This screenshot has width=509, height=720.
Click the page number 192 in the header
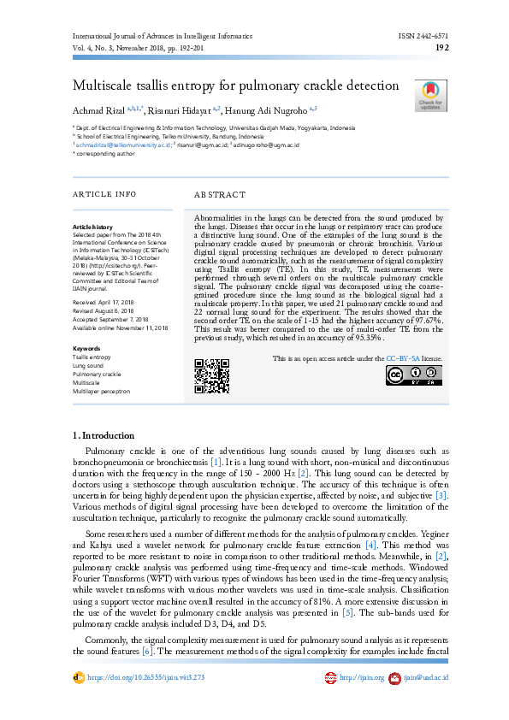click(x=442, y=49)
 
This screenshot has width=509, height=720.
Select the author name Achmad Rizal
click(x=98, y=110)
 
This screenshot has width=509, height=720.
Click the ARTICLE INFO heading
click(x=104, y=195)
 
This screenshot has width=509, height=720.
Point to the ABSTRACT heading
click(x=220, y=195)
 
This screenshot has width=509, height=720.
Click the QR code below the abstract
click(x=211, y=375)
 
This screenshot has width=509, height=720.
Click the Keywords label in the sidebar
click(x=86, y=349)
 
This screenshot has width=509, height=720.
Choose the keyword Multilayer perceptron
click(x=102, y=391)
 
